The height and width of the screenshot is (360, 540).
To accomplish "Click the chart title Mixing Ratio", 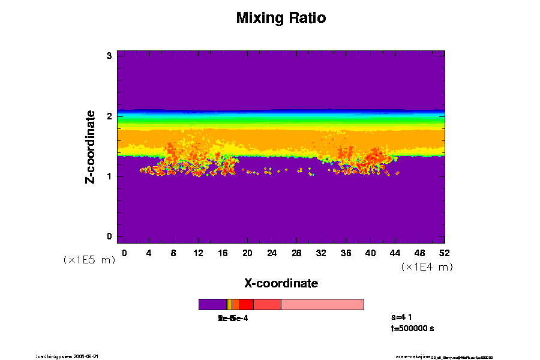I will (281, 18).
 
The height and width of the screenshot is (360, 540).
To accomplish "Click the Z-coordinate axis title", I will (90, 146).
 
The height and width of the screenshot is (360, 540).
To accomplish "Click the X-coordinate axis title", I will (281, 283).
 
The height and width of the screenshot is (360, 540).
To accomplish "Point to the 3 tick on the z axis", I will (110, 56).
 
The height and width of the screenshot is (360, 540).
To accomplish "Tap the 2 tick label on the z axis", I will (110, 116).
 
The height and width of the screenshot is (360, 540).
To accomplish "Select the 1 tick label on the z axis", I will (110, 176).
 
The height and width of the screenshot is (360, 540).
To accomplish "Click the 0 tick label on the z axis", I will (110, 236).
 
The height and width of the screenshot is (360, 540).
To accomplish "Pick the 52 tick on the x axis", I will (445, 253).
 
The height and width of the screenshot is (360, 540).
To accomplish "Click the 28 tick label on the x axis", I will (296, 253).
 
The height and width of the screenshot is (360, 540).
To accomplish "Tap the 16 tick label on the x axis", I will (223, 253).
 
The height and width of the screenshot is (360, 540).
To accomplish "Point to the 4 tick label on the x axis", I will (149, 253).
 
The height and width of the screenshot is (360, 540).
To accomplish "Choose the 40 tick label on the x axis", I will (371, 253).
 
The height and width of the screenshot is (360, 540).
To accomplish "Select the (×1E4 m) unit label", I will (427, 267).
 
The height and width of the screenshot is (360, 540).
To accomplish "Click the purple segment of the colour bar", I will (212, 304).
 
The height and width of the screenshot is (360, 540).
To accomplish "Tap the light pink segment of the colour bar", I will (322, 304).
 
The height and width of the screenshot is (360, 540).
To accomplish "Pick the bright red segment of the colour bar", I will (246, 304).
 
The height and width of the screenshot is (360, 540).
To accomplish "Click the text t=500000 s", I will (412, 328).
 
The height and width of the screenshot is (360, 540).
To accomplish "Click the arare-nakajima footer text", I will (413, 356).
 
